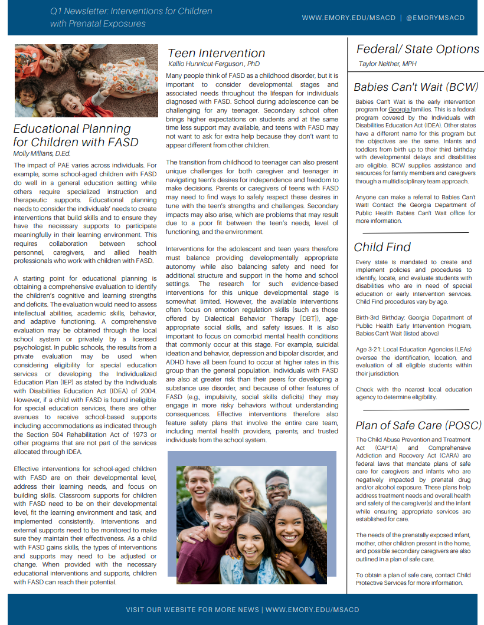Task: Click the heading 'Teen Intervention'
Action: click(216, 53)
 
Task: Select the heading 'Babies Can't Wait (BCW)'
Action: click(416, 87)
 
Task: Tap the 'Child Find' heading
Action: click(382, 247)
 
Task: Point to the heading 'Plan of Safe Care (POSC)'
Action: click(418, 426)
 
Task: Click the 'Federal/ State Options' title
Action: click(418, 50)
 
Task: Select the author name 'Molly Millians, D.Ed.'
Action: click(42, 153)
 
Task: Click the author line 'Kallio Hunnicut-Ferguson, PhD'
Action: click(214, 64)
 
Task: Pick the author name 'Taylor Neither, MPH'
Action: click(387, 64)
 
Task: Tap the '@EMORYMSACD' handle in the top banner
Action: click(436, 18)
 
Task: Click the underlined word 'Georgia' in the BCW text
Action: click(400, 110)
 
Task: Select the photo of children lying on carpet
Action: click(86, 80)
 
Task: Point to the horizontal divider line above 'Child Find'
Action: click(416, 232)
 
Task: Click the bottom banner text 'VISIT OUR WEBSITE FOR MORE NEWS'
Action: click(192, 610)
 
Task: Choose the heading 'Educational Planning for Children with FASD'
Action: click(76, 135)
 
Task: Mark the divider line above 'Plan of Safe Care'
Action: click(416, 409)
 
